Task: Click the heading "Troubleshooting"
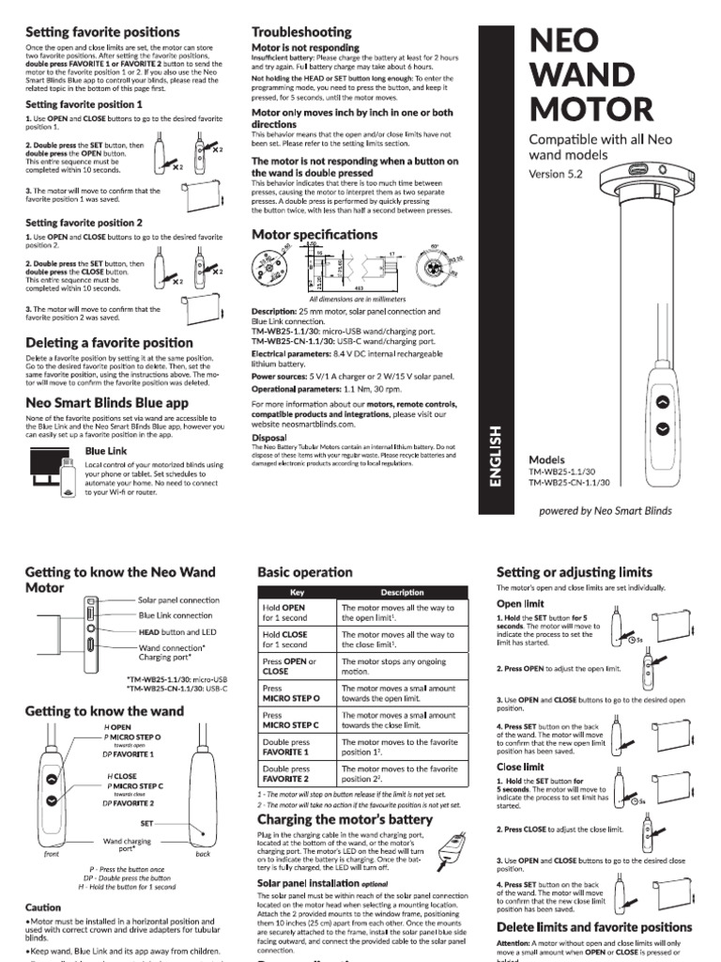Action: (x=301, y=32)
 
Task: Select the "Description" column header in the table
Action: (x=402, y=593)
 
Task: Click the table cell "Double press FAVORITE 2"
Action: (x=297, y=773)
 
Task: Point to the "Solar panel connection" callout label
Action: (x=178, y=599)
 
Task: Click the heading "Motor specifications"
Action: (x=314, y=234)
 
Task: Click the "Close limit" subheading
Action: (x=520, y=768)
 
